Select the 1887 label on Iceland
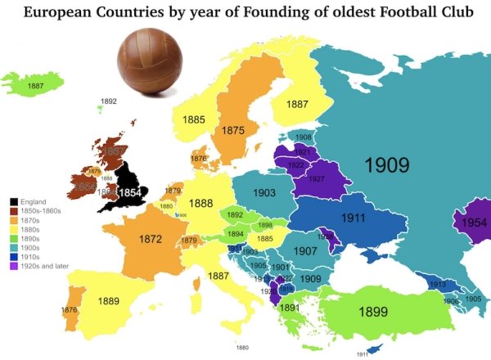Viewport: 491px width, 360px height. coord(35,85)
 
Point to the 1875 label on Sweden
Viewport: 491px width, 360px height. coord(233,130)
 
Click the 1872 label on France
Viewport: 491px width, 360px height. coord(151,240)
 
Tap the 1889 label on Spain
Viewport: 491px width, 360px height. coord(109,300)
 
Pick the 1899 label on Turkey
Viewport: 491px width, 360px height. coord(372,311)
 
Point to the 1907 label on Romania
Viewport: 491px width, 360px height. coord(305,251)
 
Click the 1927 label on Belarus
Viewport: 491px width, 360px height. coord(317,179)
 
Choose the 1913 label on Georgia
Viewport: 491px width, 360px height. coord(436,284)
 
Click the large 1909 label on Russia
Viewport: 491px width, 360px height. coord(386,164)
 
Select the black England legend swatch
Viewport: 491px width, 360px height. coord(14,201)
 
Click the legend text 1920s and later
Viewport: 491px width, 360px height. coord(47,266)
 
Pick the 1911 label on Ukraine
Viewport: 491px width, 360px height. coord(353,218)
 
